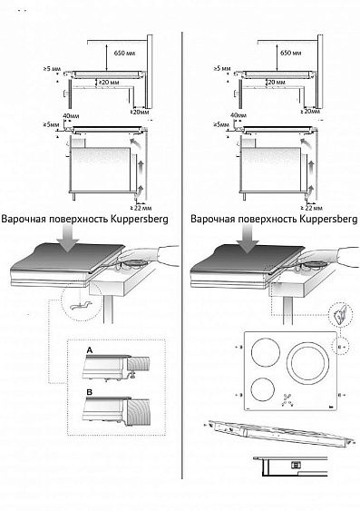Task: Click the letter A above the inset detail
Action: click(x=89, y=349)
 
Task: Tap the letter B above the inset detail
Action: click(x=89, y=393)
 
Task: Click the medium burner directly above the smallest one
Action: click(x=264, y=354)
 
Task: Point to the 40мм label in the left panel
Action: click(x=59, y=116)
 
